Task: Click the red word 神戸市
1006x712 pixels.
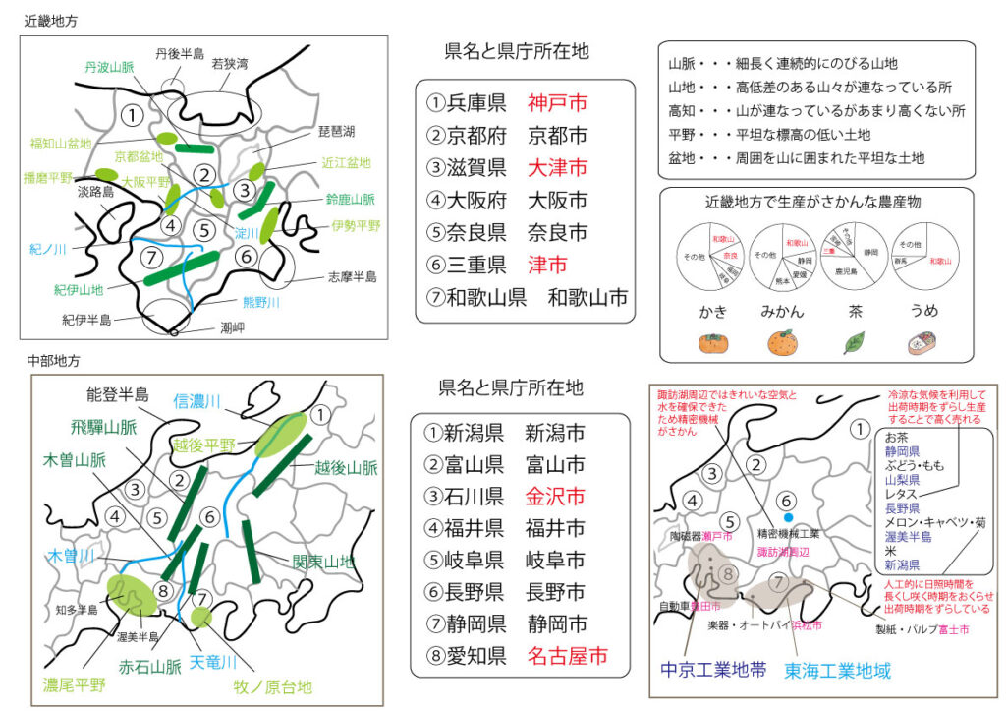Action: coord(557,102)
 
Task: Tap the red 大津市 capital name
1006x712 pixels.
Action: coord(557,167)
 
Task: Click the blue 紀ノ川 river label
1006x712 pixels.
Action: coord(46,250)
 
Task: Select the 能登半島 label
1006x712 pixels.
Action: coord(117,395)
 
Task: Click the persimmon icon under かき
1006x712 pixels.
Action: coord(712,343)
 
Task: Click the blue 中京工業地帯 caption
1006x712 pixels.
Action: coord(713,671)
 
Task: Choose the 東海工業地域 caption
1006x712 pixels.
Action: coord(837,671)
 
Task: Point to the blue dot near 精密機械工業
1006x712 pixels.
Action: coord(787,516)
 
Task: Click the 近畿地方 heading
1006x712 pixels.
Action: coord(52,19)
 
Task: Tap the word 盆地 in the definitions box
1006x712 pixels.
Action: coord(684,157)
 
